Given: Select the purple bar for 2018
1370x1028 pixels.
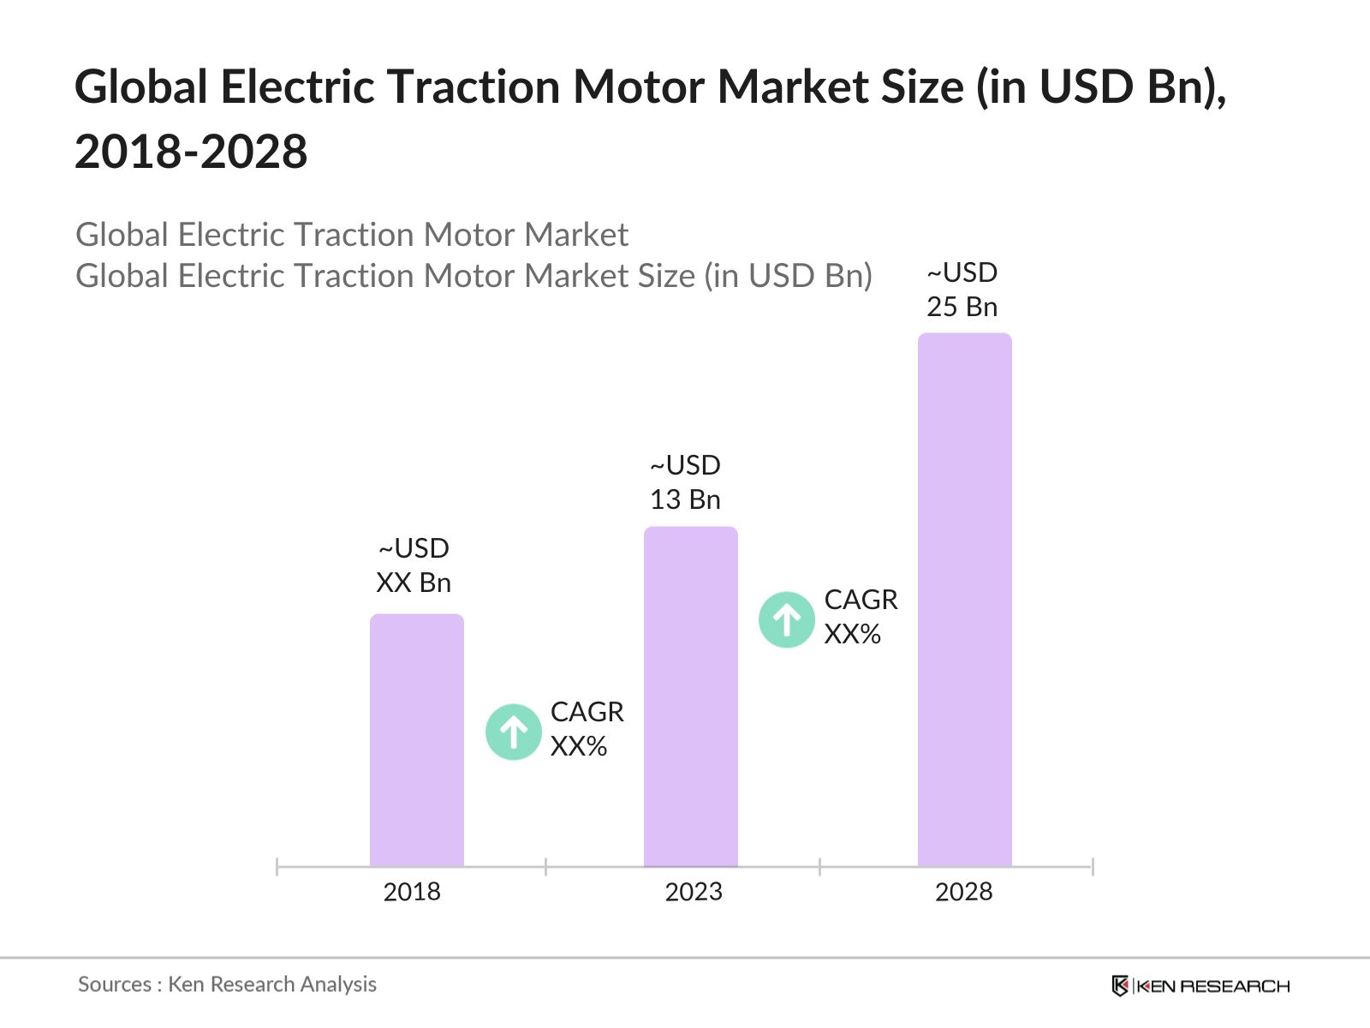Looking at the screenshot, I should [416, 741].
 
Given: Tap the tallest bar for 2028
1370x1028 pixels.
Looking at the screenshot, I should [964, 600].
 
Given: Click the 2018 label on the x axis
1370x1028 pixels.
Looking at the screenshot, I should [412, 892].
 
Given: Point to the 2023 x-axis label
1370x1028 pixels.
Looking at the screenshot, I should [694, 892].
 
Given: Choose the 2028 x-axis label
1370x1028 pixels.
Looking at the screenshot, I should [963, 892].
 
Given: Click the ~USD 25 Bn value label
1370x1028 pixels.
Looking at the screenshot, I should [962, 290].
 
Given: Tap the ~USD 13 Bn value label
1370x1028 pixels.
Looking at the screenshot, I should [685, 482].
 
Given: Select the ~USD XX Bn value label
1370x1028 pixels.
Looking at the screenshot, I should [414, 565].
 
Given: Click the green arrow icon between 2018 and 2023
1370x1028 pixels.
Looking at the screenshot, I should [513, 732].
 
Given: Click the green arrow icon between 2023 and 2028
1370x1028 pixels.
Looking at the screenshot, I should [786, 619].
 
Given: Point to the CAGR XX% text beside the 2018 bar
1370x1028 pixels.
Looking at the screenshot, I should [587, 729].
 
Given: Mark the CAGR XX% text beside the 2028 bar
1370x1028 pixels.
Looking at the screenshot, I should [861, 617].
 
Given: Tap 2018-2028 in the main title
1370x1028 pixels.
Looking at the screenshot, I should [191, 152].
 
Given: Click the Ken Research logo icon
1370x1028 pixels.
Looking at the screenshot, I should [1119, 986].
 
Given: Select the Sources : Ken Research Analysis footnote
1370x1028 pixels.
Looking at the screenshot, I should [227, 984].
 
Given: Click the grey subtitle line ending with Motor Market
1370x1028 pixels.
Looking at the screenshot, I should [352, 235].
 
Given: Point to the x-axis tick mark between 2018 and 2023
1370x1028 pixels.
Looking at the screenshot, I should [545, 867].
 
